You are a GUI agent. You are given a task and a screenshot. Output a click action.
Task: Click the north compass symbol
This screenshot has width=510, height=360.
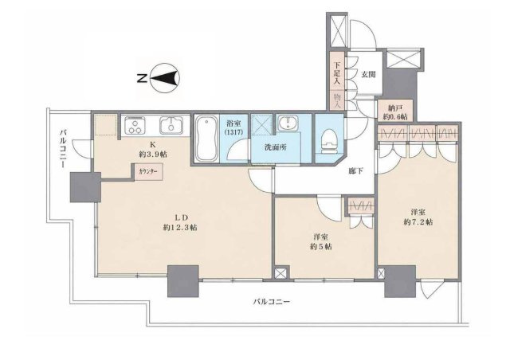point(165,78)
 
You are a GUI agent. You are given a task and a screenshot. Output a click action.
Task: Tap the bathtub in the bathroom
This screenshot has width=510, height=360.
point(206,139)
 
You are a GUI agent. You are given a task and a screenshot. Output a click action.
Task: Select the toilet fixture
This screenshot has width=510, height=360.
point(330,142)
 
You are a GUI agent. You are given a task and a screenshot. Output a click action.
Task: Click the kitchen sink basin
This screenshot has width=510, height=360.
point(171,125)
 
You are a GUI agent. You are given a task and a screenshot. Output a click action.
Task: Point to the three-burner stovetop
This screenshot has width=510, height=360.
point(134,125)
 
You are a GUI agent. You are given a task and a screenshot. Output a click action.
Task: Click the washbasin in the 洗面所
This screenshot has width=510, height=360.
point(288,123)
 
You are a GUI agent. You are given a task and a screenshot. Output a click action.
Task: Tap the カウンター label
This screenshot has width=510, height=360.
point(147,172)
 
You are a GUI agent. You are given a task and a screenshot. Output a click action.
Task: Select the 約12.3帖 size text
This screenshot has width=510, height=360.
point(180,227)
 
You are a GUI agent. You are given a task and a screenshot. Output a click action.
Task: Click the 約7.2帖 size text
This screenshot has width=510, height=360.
point(418,222)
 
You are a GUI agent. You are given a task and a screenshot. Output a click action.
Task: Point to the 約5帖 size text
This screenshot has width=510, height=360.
point(320,246)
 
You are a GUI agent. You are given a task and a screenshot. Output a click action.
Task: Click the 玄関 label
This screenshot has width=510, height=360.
point(368,74)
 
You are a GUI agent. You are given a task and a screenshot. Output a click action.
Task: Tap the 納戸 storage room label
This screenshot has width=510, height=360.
point(395,108)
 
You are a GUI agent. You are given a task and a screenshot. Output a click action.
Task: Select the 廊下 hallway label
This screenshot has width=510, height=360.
point(356,171)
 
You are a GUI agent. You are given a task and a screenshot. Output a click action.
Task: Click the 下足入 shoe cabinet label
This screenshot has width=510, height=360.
point(336,73)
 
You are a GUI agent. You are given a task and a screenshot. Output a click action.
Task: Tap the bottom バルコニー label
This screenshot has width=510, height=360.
point(272,302)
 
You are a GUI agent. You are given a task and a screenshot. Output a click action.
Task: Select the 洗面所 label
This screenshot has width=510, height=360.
point(276,147)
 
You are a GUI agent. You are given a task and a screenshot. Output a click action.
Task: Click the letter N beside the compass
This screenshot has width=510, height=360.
point(142,78)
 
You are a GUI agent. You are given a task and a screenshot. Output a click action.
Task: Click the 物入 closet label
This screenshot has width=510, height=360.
point(336,100)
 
